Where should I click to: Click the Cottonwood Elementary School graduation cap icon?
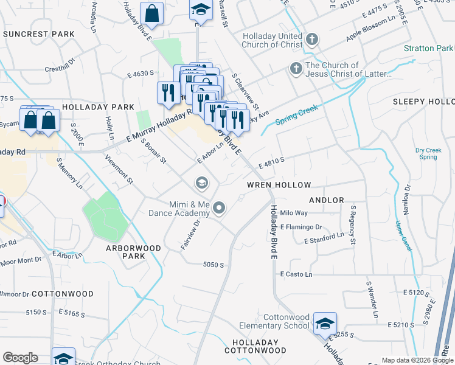click(x=325, y=323)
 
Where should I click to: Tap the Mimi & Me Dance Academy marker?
click(x=220, y=209)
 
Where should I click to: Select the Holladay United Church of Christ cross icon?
click(x=311, y=40)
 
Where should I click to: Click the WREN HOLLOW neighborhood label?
click(x=279, y=185)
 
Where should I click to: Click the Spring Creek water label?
click(x=297, y=114)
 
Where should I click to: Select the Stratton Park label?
click(x=429, y=48)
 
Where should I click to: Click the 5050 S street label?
click(x=214, y=265)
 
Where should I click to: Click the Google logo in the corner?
click(x=20, y=358)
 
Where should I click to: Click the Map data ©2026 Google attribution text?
click(x=417, y=360)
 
